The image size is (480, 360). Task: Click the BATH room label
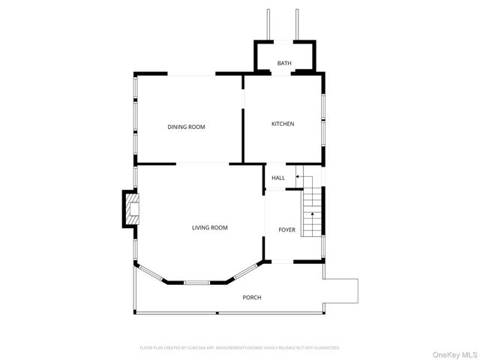coord(284,64)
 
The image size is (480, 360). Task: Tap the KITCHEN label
coord(283,124)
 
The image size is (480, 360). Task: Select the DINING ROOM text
coord(186,127)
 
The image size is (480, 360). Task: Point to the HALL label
coord(278,178)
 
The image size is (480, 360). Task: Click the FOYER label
coord(287,229)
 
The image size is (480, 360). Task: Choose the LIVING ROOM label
coord(209,227)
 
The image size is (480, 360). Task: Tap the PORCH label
coord(252,298)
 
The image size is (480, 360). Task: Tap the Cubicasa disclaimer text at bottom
coord(240,348)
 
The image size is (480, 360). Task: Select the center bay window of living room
coord(197,283)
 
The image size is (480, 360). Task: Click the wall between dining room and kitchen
coord(243,135)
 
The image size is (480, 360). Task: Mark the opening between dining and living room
coord(202,163)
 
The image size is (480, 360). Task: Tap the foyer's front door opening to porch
coord(279,262)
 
